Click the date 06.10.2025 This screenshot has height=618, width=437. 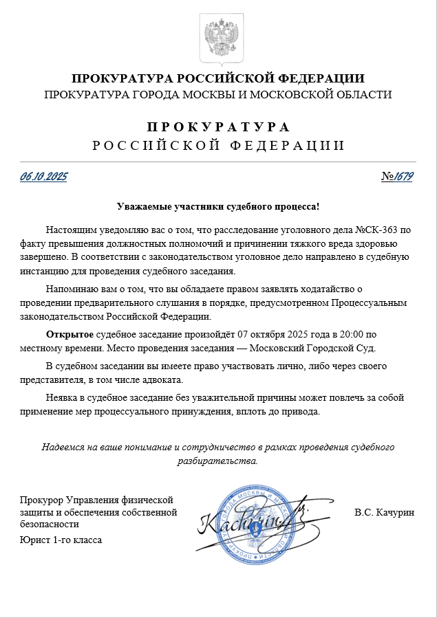[x=43, y=177]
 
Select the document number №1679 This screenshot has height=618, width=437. [x=397, y=177]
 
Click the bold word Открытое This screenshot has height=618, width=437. [x=70, y=335]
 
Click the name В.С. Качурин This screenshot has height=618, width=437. [x=385, y=512]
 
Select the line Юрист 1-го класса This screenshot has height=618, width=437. [x=61, y=540]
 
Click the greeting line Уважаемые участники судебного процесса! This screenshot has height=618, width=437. [x=218, y=206]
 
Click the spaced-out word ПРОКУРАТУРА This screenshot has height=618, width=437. [x=218, y=128]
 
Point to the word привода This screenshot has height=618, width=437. [x=301, y=412]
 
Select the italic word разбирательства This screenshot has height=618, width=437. [x=217, y=461]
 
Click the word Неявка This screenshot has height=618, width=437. [x=62, y=398]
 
